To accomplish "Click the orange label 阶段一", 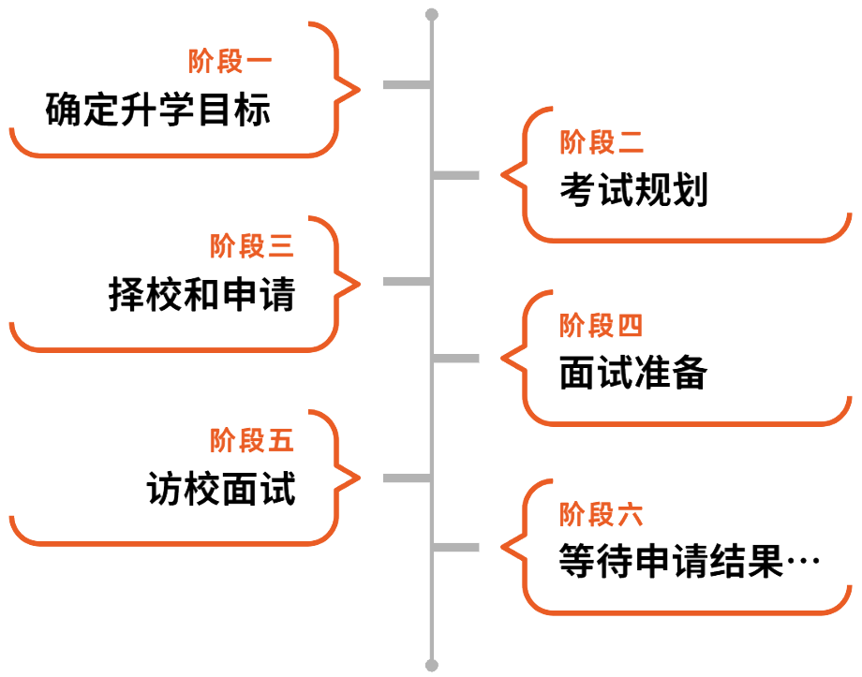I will [230, 63].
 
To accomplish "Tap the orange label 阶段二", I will [602, 143].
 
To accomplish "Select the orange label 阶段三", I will [252, 247].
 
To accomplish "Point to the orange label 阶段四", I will [602, 326].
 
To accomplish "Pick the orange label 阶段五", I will [252, 440].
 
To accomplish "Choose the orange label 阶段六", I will [602, 514].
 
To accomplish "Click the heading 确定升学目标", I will [157, 110].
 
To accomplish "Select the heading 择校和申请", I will [201, 296].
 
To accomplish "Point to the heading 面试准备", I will [632, 375].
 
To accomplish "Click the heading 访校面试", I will [221, 489].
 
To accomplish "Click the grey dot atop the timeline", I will [431, 14].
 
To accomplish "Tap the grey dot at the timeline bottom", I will [431, 666].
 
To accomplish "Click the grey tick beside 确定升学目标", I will [406, 85].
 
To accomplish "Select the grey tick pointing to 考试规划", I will [456, 175].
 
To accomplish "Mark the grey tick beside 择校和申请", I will [406, 281].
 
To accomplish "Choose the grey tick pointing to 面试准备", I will [456, 358].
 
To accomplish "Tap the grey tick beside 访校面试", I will [406, 478].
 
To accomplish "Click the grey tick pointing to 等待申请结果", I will [456, 547].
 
